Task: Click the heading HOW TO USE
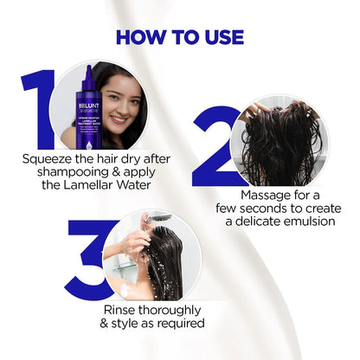(180, 37)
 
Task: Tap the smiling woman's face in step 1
(120, 100)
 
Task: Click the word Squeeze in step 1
(53, 158)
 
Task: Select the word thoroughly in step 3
(176, 309)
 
